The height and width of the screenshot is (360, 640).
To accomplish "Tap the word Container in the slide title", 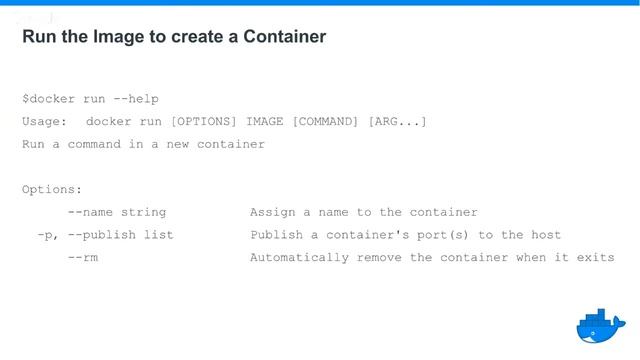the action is [284, 37].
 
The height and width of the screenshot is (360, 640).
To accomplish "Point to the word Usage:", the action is [45, 122].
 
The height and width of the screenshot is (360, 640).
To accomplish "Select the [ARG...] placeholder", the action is [398, 122].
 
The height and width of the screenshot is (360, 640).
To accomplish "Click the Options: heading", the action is [52, 189].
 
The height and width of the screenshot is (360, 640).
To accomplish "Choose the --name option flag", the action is [91, 212].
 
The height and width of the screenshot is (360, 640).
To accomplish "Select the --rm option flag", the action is [83, 258].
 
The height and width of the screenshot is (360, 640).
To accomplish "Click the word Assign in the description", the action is [272, 212].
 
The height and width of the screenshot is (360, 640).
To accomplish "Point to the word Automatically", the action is [296, 258].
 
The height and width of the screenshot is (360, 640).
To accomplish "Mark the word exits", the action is [595, 258].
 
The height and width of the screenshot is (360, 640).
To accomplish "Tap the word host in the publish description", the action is [546, 235].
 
